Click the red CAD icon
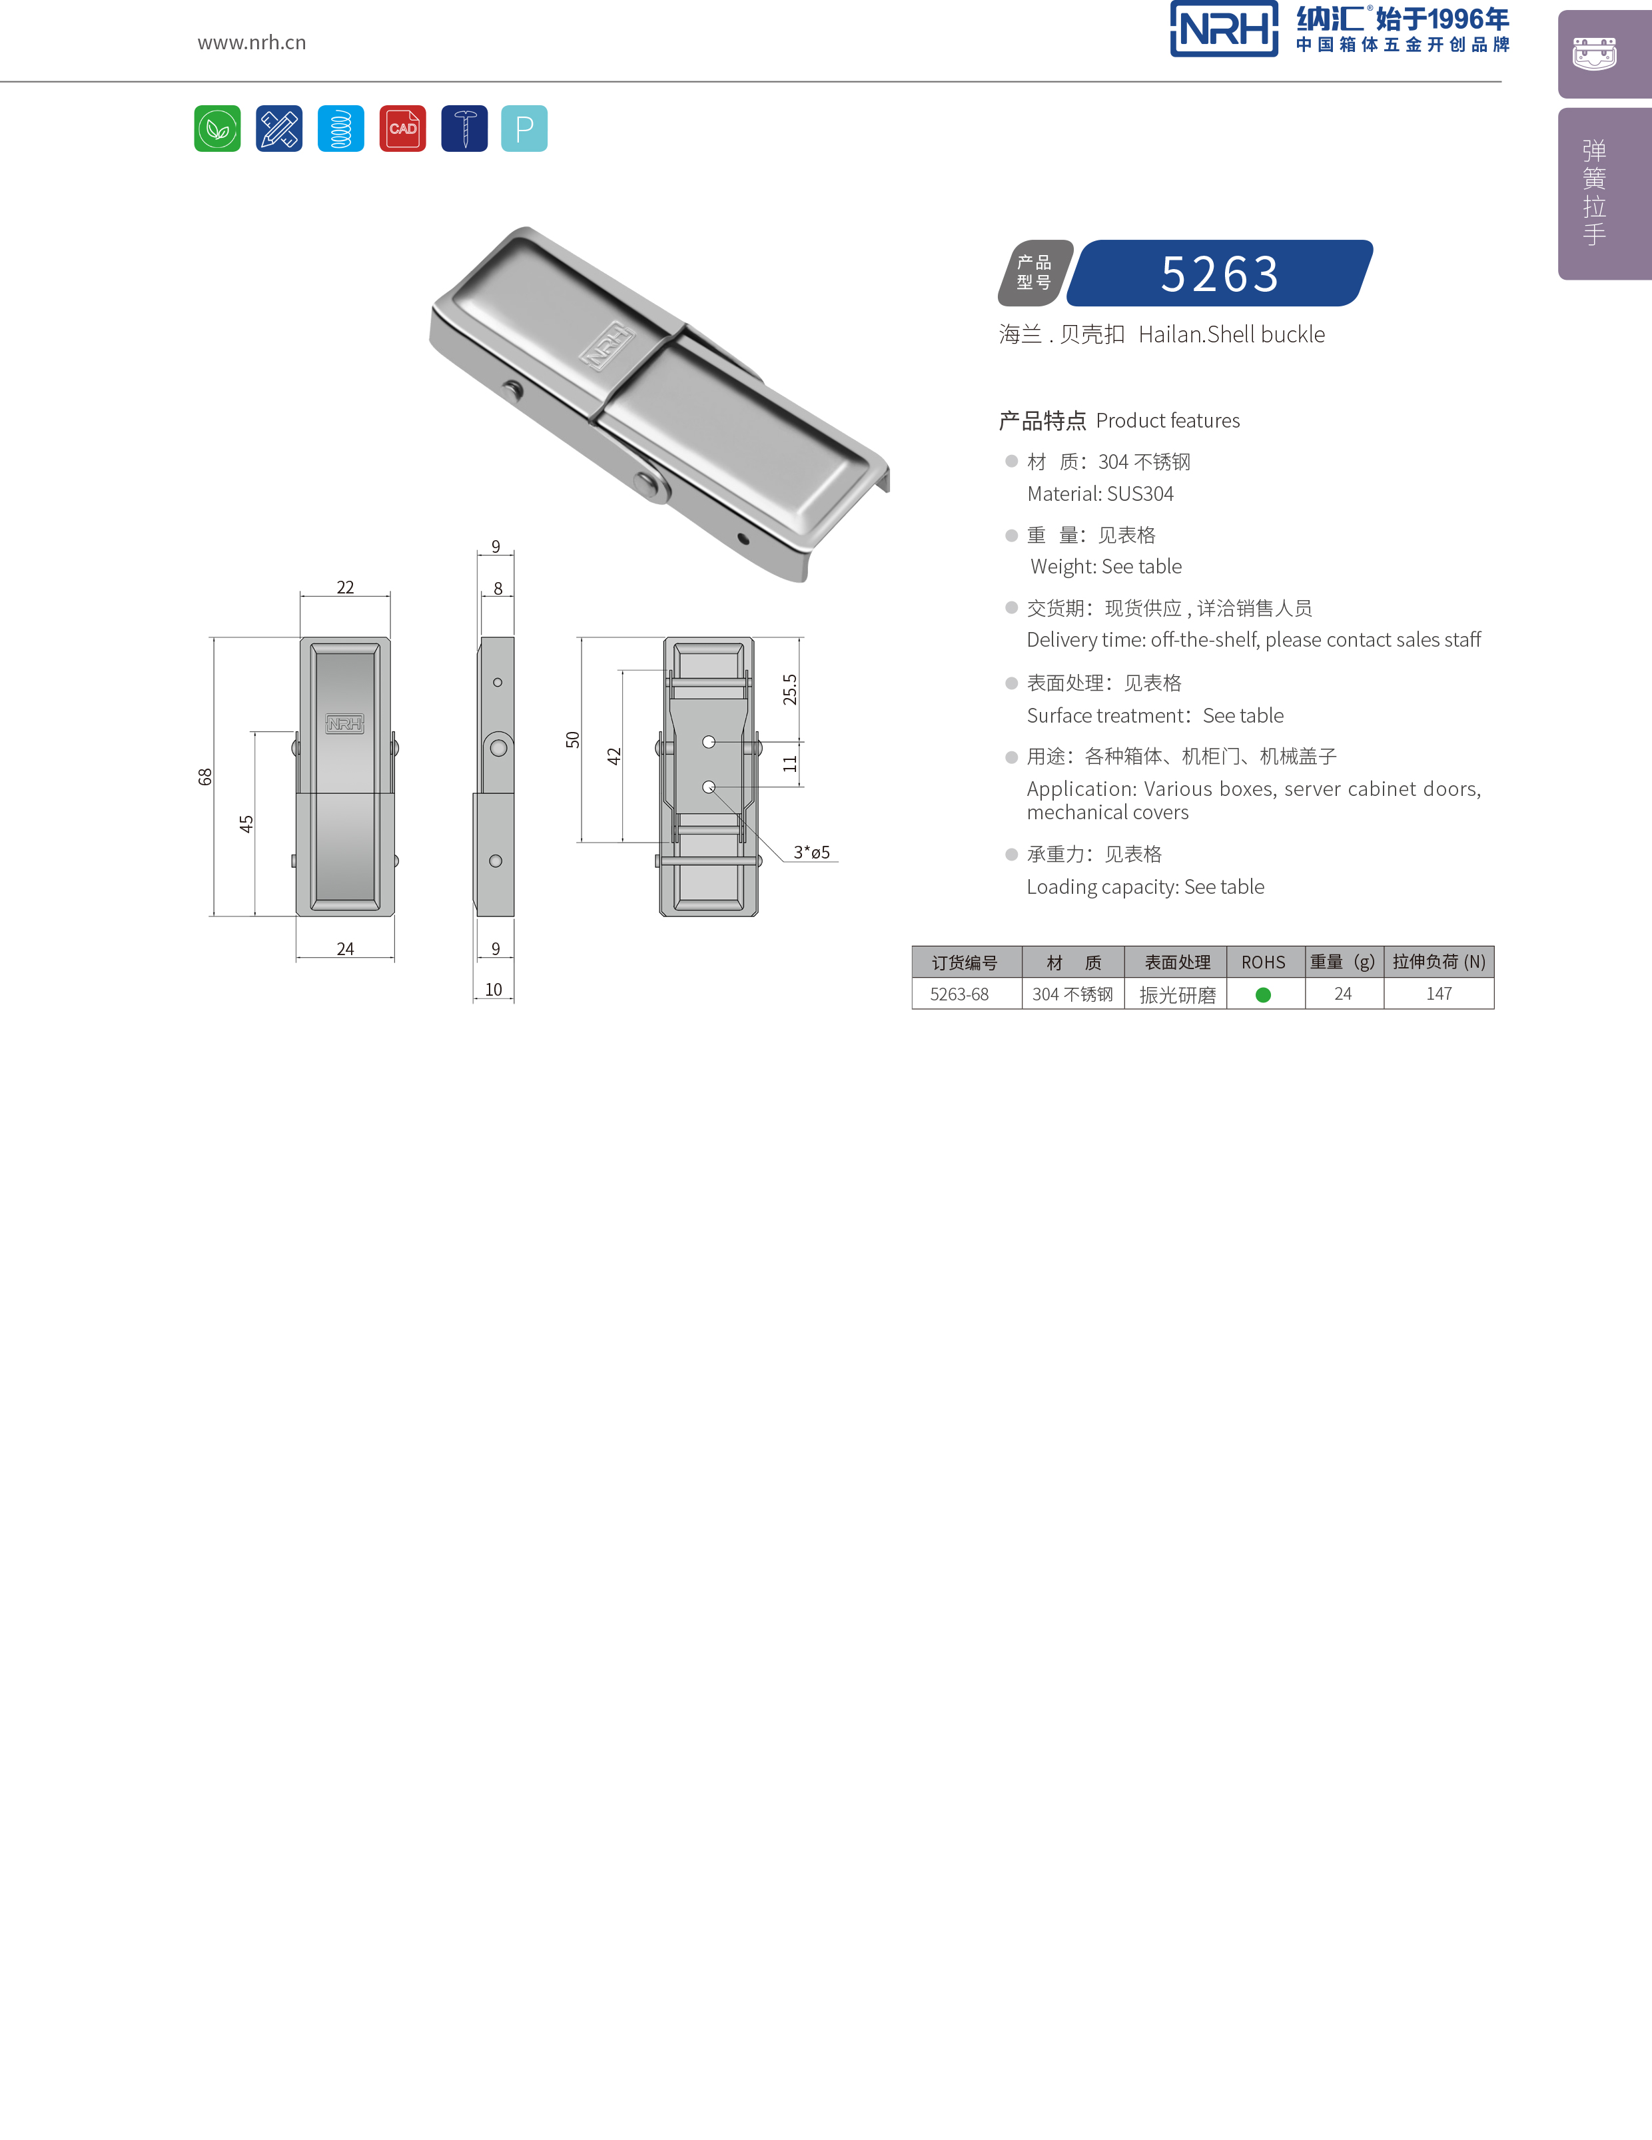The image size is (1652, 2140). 403,129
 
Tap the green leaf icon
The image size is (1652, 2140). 218,129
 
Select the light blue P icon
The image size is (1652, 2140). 524,129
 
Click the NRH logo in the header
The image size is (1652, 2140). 1224,29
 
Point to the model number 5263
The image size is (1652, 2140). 1220,273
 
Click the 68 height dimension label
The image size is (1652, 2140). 205,776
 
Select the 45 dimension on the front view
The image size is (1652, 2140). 246,824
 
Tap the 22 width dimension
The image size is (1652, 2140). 345,587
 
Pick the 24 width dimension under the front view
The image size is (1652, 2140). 345,948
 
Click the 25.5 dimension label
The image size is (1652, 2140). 790,690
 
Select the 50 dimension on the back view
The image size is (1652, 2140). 573,740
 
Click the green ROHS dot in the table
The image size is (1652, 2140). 1263,994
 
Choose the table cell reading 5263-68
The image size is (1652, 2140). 959,994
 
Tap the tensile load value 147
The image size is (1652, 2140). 1438,994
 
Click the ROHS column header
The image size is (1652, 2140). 1263,962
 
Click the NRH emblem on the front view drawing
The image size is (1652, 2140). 345,723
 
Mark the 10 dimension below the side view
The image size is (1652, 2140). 494,990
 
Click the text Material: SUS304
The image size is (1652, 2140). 1099,494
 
